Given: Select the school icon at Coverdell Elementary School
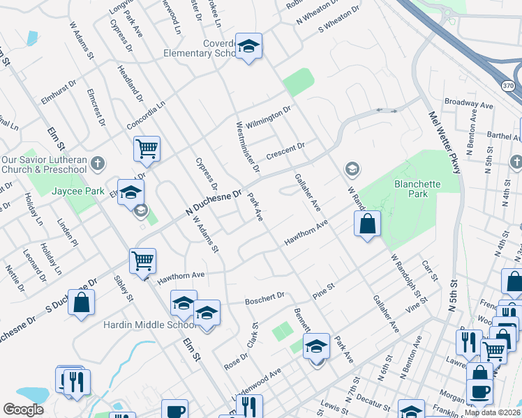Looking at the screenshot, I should (248, 47).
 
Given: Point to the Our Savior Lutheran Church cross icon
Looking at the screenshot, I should (98, 164).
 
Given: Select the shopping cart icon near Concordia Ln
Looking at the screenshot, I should (147, 148).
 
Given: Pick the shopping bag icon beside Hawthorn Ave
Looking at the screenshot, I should (367, 224).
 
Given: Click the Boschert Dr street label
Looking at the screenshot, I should (264, 298).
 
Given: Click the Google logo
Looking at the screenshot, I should (23, 410).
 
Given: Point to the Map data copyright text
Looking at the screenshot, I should (491, 412).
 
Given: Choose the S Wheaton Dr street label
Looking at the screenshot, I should (338, 20).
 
